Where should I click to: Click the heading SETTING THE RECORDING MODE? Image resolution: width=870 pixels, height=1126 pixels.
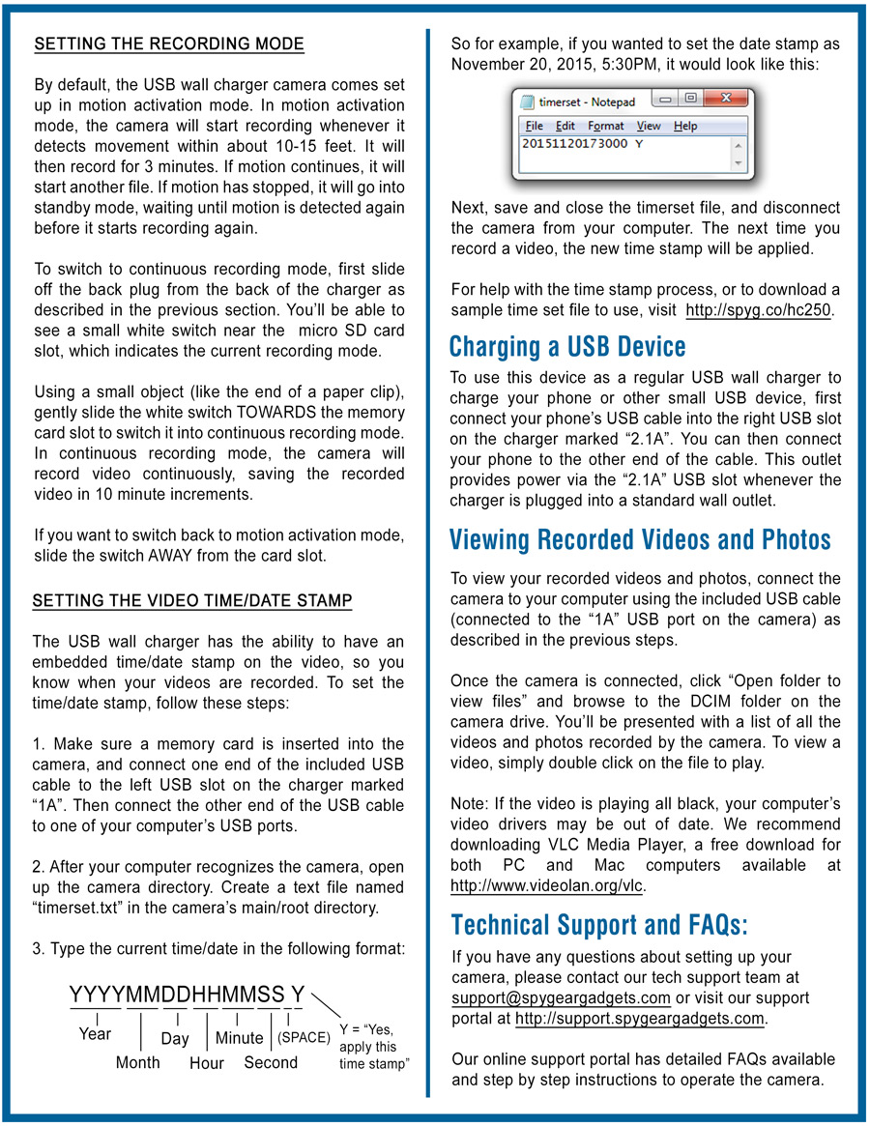click(169, 44)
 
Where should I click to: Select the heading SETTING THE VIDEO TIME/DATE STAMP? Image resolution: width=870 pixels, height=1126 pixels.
click(192, 601)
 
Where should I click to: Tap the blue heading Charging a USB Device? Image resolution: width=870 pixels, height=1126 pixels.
click(567, 346)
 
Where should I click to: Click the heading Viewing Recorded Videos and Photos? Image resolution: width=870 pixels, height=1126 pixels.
click(640, 539)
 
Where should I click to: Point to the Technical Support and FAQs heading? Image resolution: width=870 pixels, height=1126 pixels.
click(599, 925)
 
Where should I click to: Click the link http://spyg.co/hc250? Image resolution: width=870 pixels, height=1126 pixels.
click(759, 310)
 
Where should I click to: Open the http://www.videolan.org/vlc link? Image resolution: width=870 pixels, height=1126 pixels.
click(547, 885)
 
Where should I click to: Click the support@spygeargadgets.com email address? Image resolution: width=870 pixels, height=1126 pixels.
click(561, 997)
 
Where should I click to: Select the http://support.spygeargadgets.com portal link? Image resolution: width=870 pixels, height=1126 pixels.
click(640, 1019)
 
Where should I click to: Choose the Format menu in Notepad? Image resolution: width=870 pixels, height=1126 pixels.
click(605, 126)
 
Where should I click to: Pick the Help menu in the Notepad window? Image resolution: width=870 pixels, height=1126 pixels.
click(684, 126)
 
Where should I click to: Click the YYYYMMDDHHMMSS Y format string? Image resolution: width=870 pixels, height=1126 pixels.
click(188, 995)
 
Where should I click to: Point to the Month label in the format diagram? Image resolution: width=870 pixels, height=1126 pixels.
click(138, 1062)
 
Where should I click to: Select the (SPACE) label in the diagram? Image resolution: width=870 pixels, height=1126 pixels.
click(304, 1037)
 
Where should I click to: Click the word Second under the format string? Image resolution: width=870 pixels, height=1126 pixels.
click(271, 1062)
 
